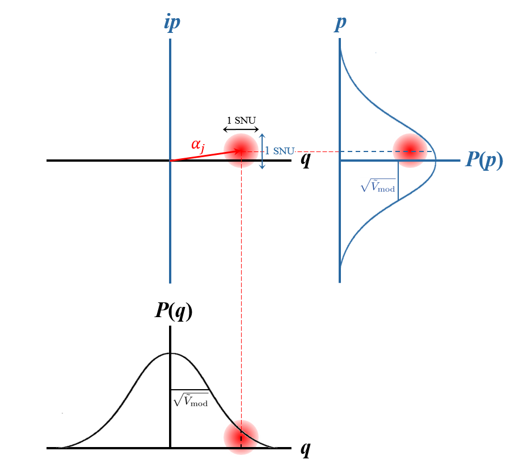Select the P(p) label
coord(484,160)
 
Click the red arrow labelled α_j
coord(199,156)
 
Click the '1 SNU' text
coord(279,151)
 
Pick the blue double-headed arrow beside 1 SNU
coord(262,151)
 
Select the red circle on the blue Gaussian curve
coord(410,151)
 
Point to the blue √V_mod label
coord(377,185)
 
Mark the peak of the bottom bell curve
coord(170,353)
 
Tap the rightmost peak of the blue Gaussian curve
coord(436,161)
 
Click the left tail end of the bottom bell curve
coord(58,447)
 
